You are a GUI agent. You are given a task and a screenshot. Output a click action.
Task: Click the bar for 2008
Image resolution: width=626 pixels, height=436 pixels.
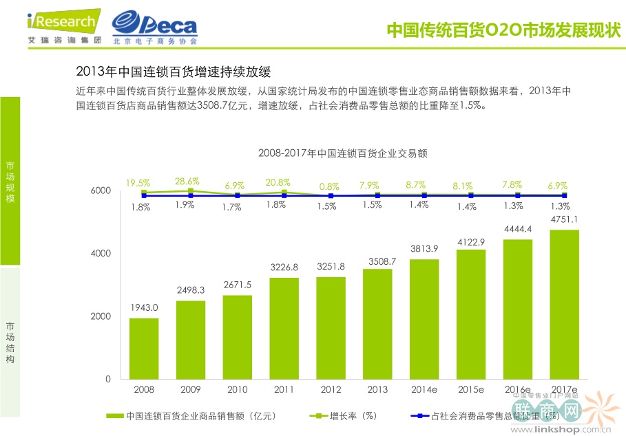pos(144,348)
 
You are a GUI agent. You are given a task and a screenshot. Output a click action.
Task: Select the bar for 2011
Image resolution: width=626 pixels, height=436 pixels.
pos(284,328)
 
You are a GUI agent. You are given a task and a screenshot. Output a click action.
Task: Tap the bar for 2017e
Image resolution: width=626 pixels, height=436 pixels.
pos(563,304)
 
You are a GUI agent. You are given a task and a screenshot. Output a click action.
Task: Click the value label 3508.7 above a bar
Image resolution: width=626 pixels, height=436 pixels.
pos(377,261)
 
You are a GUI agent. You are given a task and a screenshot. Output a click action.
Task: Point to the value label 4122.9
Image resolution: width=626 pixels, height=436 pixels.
pos(471,242)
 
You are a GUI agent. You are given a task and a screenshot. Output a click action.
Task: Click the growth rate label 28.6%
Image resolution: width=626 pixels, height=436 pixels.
pos(187,182)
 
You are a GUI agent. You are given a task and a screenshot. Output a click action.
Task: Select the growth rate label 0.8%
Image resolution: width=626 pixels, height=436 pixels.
pos(330,186)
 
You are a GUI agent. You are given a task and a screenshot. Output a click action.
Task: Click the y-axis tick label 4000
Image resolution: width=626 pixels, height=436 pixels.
pos(101,253)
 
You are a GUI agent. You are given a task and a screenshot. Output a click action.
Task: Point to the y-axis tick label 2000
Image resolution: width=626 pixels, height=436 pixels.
pos(101,316)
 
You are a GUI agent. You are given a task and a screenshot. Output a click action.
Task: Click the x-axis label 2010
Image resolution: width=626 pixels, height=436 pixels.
pos(238,390)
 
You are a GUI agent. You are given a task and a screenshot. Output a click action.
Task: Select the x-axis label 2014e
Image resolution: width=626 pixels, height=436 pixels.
pos(424,390)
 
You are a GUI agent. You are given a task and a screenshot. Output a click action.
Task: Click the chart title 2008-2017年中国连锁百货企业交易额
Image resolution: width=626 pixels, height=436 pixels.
pos(343,153)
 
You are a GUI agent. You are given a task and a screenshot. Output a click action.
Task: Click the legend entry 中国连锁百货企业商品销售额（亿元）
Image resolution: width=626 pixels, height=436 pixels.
pos(192,415)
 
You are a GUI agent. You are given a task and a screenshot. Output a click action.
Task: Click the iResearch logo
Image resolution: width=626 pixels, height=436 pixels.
pos(63,26)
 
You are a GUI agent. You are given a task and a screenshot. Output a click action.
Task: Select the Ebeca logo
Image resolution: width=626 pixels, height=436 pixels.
pos(155,28)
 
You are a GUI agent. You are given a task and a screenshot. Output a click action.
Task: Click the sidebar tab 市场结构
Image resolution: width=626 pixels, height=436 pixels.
pos(10,342)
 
